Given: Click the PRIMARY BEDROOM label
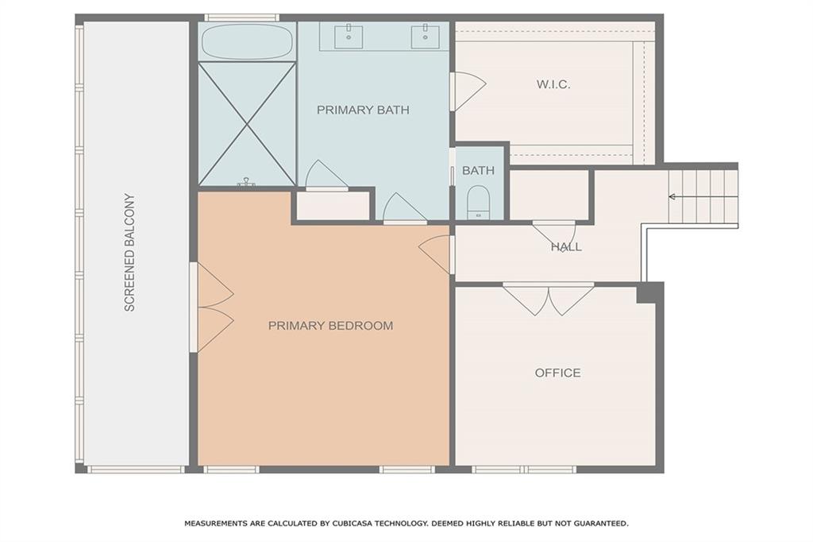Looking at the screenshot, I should [330, 325].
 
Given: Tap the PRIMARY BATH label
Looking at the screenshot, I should [363, 110].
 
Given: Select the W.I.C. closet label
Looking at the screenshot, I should [553, 84].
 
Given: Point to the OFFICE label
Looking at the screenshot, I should [557, 373].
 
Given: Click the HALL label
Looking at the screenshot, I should [566, 247].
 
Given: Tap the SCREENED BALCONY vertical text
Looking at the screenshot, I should [130, 252].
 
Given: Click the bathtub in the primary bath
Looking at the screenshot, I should [246, 41].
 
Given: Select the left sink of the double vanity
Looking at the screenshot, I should [349, 36].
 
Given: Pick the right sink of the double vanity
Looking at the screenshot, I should [426, 36].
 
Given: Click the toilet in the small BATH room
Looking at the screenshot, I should [478, 201].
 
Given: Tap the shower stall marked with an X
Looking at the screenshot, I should [246, 124].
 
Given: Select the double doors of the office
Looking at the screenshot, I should [548, 298].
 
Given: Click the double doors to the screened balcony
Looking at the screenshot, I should [213, 307].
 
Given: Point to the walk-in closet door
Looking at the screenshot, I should [467, 91].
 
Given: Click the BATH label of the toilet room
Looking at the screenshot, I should [478, 170].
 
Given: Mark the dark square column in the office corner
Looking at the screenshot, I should [649, 292].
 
